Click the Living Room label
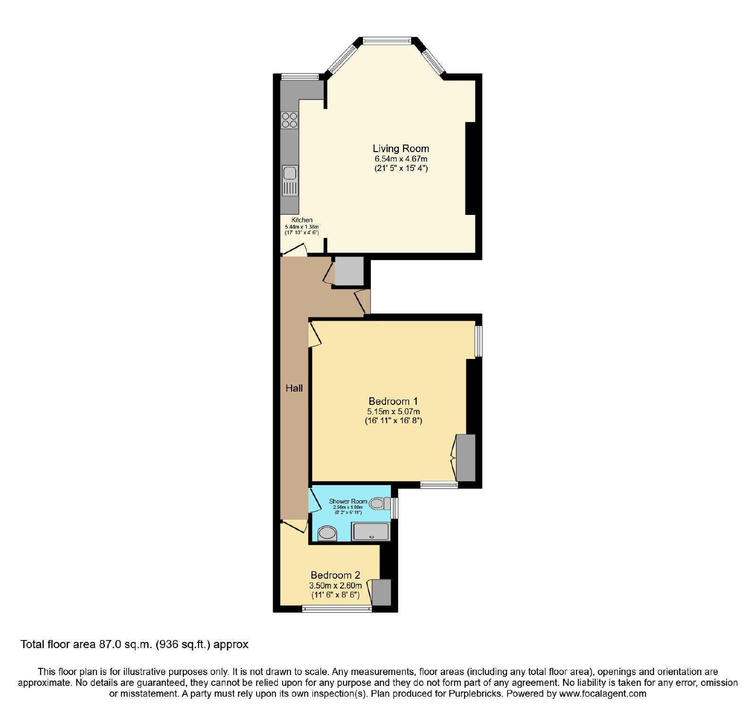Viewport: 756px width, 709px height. tap(401, 149)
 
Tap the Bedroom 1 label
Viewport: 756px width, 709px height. tap(393, 401)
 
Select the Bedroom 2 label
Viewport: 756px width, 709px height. tap(335, 575)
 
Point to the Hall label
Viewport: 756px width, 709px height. tap(294, 388)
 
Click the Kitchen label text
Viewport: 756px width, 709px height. tap(302, 220)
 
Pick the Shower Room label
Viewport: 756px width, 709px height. tap(348, 501)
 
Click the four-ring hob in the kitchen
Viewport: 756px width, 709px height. tap(290, 120)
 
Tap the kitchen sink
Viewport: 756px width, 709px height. tap(290, 180)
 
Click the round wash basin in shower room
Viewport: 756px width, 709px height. tap(327, 534)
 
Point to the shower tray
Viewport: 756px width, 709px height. tap(371, 531)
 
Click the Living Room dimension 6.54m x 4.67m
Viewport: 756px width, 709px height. tap(401, 159)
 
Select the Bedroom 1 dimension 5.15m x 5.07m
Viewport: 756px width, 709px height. tap(393, 412)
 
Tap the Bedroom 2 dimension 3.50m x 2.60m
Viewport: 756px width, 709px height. tap(335, 586)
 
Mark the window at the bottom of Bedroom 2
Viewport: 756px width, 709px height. tap(337, 609)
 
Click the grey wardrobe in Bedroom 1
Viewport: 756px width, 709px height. tap(465, 458)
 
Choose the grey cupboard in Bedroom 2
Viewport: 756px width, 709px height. tap(382, 592)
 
